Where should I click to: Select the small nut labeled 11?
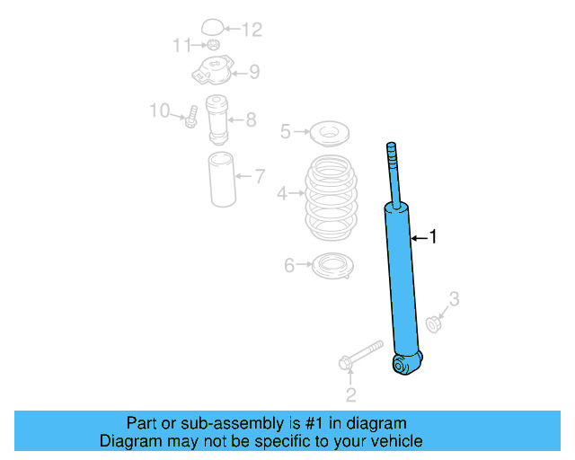(x=212, y=45)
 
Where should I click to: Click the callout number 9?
(x=254, y=71)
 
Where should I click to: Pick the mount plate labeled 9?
(x=214, y=69)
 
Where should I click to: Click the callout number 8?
(x=251, y=118)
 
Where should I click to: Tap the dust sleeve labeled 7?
(x=223, y=180)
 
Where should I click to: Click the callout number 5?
(x=285, y=132)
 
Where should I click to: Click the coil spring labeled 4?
(x=329, y=199)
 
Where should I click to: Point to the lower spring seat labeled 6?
(x=330, y=266)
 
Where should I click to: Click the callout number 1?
(x=433, y=238)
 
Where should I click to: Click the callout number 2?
(x=351, y=394)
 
